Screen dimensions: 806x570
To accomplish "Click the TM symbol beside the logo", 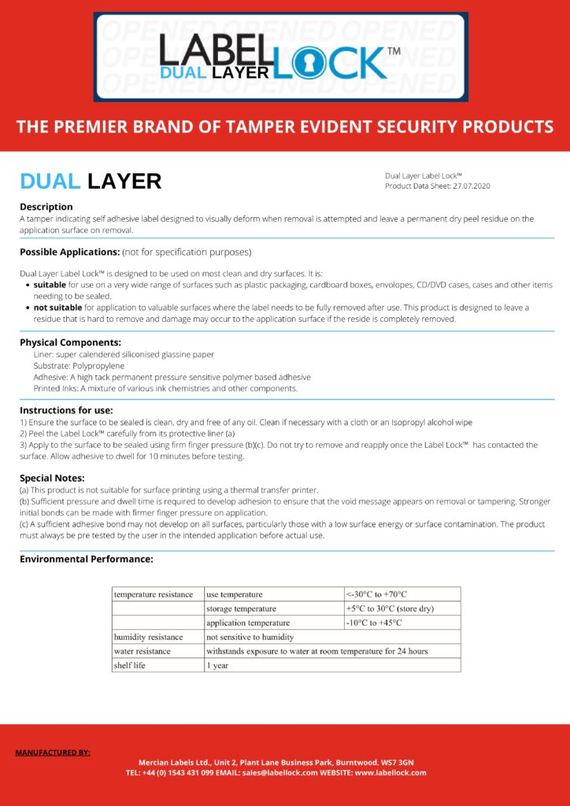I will (394, 51).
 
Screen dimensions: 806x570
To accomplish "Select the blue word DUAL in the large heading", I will (50, 181).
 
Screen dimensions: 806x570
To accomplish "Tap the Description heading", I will (46, 206).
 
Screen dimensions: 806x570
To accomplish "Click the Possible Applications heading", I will (69, 252).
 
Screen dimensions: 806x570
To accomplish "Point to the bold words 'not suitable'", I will (57, 307).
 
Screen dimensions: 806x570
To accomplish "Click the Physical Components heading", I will (70, 342).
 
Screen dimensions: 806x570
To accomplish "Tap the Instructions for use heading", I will (66, 410).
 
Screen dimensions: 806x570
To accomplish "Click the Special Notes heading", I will (52, 478).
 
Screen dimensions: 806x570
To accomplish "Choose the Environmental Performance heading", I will (86, 559).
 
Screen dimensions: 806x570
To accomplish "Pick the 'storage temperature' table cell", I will (241, 608).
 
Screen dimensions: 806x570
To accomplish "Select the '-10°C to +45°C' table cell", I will (374, 623).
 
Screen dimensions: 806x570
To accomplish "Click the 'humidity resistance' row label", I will (148, 637).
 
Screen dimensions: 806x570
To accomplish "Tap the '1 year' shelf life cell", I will (217, 665).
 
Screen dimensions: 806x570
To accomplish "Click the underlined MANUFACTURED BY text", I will (53, 752).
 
